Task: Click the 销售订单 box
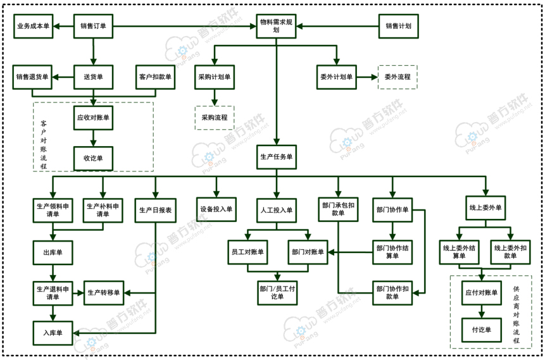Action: [94, 27]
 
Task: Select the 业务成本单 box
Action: [33, 27]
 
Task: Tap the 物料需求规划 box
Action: [276, 27]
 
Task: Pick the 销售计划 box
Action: [398, 27]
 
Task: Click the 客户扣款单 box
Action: [155, 77]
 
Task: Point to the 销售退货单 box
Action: [33, 77]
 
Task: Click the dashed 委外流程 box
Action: [398, 77]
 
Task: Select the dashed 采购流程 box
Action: [215, 118]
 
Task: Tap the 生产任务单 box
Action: [277, 157]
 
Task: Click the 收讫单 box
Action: [94, 158]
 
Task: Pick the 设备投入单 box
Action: [216, 209]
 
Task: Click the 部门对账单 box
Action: [308, 252]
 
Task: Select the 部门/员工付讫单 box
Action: [277, 293]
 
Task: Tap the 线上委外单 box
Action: [485, 208]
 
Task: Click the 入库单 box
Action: [53, 333]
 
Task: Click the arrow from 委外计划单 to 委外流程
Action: [365, 77]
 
